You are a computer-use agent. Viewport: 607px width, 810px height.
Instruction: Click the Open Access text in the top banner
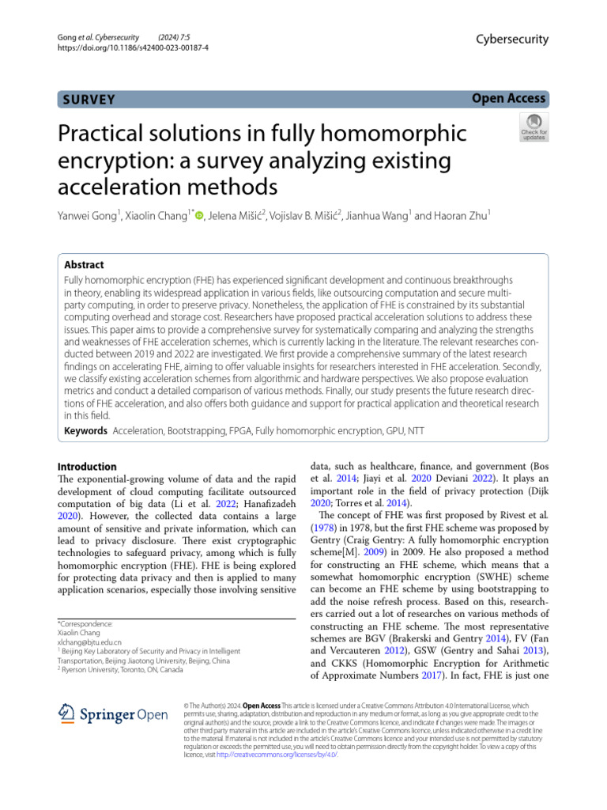pyautogui.click(x=509, y=98)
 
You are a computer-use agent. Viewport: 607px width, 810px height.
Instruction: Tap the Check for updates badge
pyautogui.click(x=533, y=127)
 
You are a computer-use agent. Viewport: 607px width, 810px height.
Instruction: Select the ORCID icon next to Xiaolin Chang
pyautogui.click(x=199, y=213)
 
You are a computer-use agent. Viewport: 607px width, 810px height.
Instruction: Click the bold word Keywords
pyautogui.click(x=85, y=431)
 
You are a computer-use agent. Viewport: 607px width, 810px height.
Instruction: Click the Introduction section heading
pyautogui.click(x=88, y=467)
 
